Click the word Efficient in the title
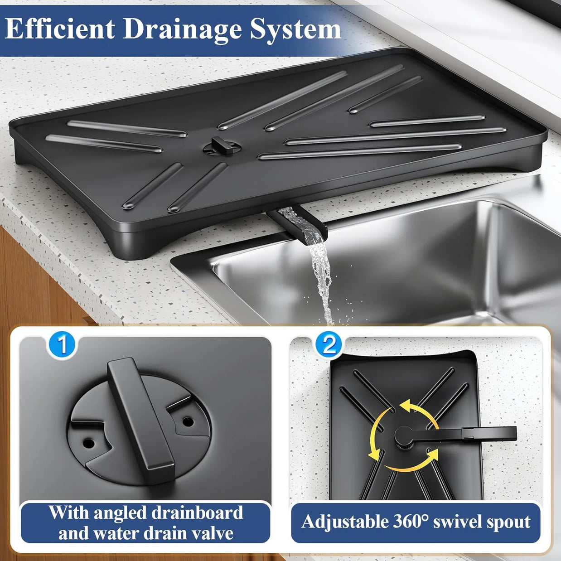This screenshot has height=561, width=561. (x=60, y=29)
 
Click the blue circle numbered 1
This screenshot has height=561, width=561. (x=62, y=345)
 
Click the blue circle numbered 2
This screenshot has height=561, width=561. (x=329, y=344)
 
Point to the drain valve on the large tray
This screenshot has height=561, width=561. (x=221, y=146)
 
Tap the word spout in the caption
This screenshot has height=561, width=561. (x=508, y=522)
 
